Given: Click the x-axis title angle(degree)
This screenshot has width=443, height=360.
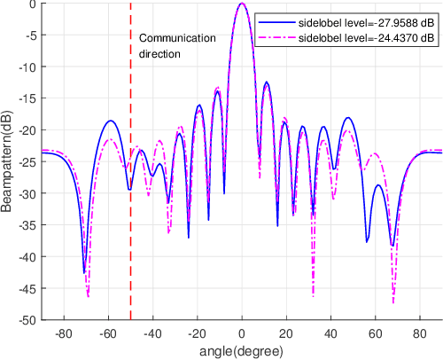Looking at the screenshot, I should click(241, 350).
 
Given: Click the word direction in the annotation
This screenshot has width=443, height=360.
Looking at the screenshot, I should click(160, 53).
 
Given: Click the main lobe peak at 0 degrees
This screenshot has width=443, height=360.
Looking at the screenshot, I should click(242, 4).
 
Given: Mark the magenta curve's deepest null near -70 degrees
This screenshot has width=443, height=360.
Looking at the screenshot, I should click(89, 296).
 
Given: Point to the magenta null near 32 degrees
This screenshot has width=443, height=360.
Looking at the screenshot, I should click(314, 295).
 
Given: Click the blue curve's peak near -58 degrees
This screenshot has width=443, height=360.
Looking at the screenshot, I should click(111, 121).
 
